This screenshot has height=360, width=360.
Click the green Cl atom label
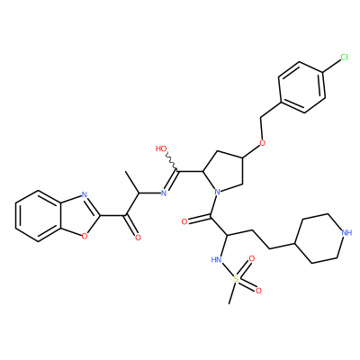coord(344,57)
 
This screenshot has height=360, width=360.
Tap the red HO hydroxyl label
coord(162,148)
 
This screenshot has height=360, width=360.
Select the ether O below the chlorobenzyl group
coord(263,142)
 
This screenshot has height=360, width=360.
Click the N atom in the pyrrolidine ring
coord(218,192)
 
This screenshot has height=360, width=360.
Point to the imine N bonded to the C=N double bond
coord(164,193)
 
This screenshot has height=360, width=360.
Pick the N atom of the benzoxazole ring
coord(85,195)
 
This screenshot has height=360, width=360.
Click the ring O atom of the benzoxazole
coord(85,237)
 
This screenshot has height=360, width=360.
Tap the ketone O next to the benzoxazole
coord(138,238)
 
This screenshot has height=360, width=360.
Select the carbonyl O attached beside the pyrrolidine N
coord(184,222)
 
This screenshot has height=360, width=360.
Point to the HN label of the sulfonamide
coord(217,259)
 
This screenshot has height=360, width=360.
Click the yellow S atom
coord(237,279)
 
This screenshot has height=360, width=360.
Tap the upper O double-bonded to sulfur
coord(252,258)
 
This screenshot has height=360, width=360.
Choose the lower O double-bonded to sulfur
coord(258,291)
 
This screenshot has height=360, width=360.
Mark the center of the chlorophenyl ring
coord(301,87)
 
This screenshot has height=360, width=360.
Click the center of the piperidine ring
coord(320,238)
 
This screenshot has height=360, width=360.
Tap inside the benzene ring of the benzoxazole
coord(39,216)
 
